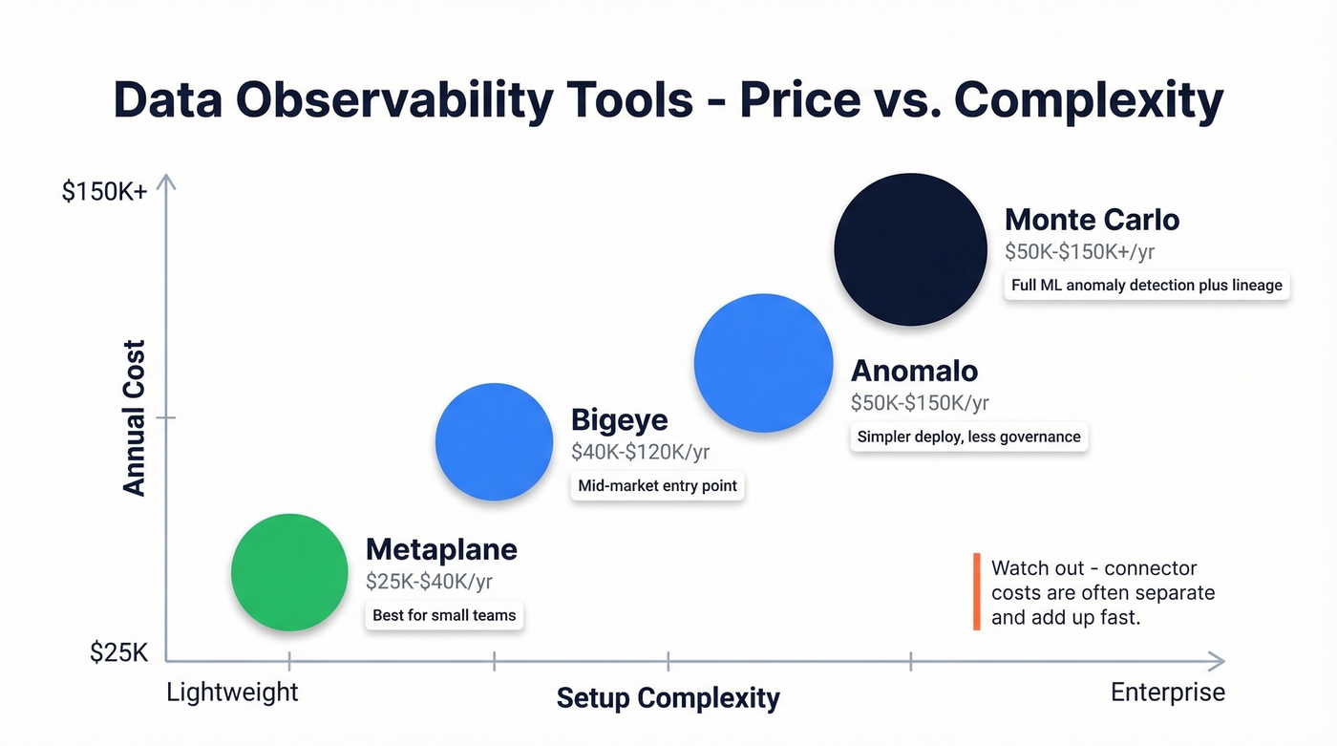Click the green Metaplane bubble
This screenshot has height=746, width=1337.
pyautogui.click(x=289, y=572)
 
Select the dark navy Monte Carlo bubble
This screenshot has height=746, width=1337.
pyautogui.click(x=910, y=249)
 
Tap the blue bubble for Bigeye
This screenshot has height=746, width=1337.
pyautogui.click(x=494, y=442)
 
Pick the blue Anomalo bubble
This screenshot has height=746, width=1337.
pyautogui.click(x=763, y=363)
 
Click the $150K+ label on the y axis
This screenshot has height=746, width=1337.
pyautogui.click(x=104, y=191)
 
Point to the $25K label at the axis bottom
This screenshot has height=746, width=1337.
pyautogui.click(x=119, y=652)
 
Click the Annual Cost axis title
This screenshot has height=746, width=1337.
pyautogui.click(x=134, y=417)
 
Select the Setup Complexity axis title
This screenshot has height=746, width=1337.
pyautogui.click(x=668, y=697)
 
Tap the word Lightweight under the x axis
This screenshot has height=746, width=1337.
pyautogui.click(x=232, y=692)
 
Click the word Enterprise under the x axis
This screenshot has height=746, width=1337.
pyautogui.click(x=1167, y=692)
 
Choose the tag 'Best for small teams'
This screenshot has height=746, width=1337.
pyautogui.click(x=444, y=615)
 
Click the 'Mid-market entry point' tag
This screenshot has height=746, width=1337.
pyautogui.click(x=657, y=485)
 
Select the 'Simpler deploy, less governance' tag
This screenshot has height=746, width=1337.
pyautogui.click(x=968, y=437)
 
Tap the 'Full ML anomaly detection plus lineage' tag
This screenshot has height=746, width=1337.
pyautogui.click(x=1146, y=285)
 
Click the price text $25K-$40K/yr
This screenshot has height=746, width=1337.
pyautogui.click(x=429, y=581)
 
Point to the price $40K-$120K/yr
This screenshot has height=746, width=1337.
pyautogui.click(x=640, y=452)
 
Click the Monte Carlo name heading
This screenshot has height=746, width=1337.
pyautogui.click(x=1092, y=220)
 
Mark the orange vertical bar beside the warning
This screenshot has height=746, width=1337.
pyautogui.click(x=976, y=592)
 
